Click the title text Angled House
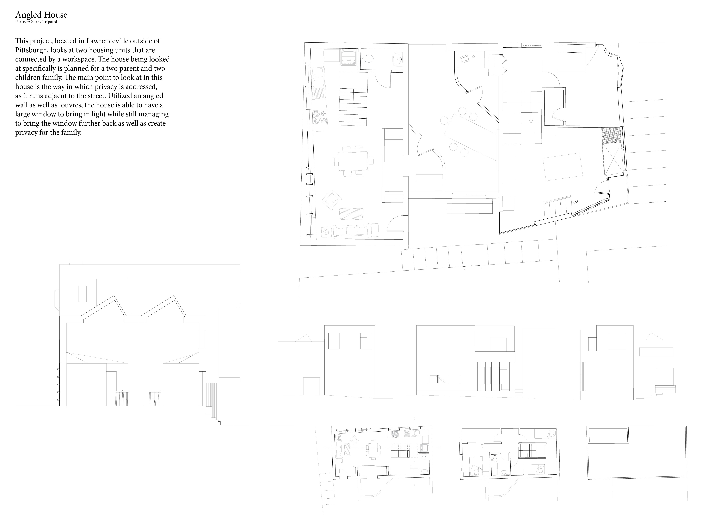(x=41, y=15)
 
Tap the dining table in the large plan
(x=353, y=161)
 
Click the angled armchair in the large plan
(x=331, y=200)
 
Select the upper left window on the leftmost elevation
(x=334, y=341)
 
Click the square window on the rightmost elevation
(x=617, y=341)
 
